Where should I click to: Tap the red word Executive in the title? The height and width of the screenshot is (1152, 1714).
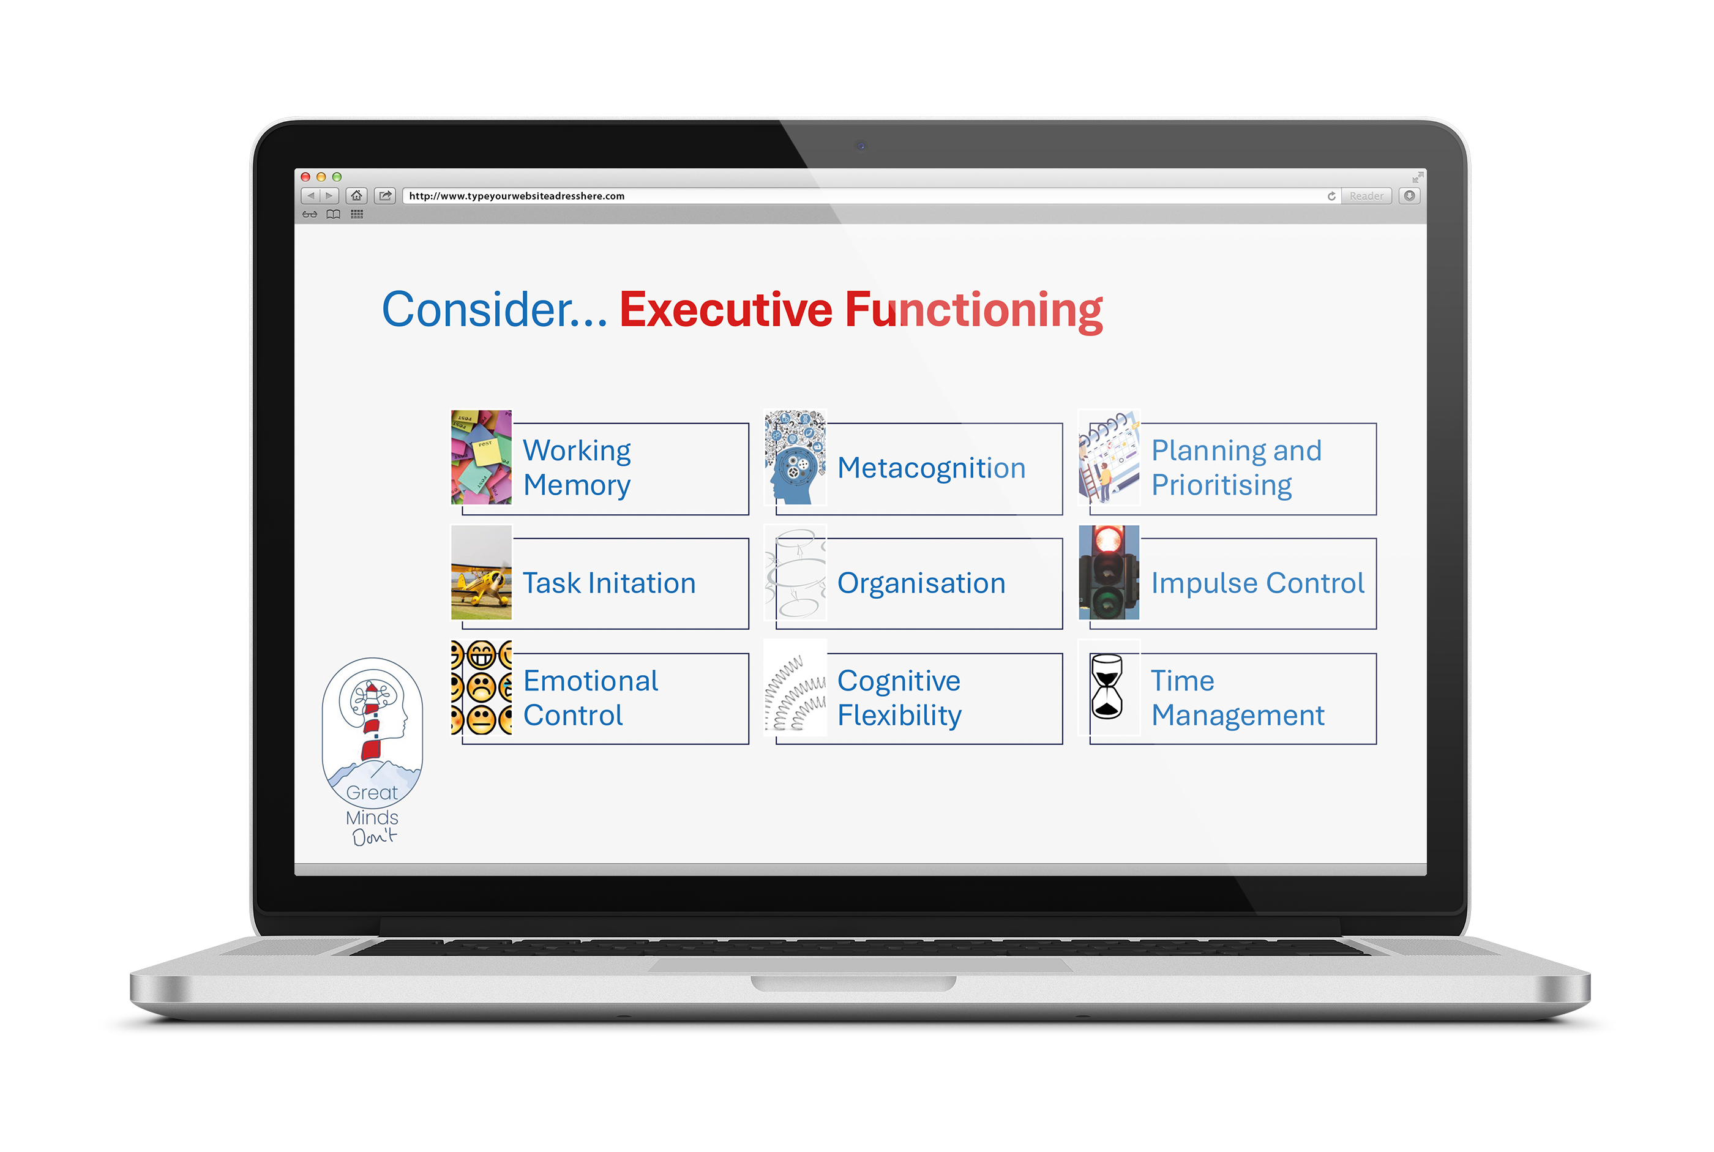coord(726,310)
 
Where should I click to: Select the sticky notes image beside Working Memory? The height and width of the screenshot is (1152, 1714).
coord(481,457)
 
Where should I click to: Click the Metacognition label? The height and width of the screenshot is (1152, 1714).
coord(931,468)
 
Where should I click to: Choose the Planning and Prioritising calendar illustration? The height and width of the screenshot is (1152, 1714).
coord(1109,457)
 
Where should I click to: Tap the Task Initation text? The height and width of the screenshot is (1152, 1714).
coord(609,583)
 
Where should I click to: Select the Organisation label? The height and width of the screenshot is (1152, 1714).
coord(921,583)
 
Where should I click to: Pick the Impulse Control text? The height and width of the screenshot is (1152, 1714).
coord(1257,583)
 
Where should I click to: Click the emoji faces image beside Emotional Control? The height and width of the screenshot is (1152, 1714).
coord(481,687)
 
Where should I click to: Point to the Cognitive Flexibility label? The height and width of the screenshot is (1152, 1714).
coord(899,698)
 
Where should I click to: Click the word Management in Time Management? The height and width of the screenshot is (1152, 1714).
coord(1238,716)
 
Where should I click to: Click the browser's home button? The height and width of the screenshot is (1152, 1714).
coord(356,195)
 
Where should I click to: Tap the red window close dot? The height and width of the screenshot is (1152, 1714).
coord(305,177)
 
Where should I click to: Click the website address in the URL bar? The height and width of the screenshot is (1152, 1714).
coord(517,196)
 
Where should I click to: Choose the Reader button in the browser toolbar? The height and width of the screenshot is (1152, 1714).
coord(1366,196)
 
